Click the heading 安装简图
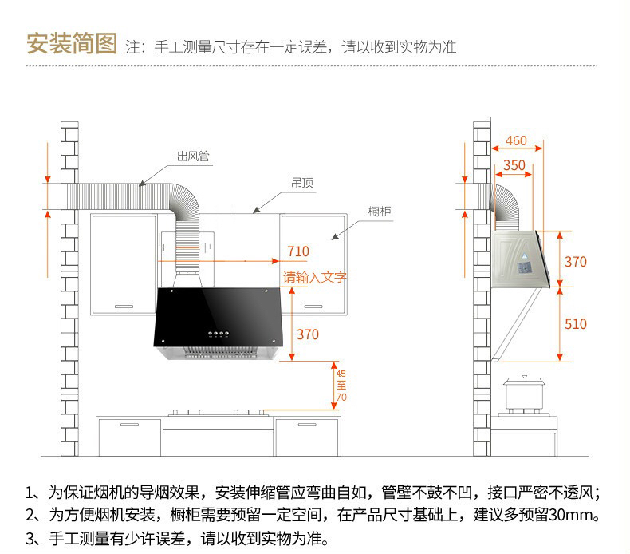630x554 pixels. (72, 43)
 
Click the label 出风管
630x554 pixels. (193, 156)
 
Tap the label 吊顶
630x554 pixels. (302, 183)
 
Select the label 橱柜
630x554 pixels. (380, 212)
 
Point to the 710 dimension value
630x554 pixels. (298, 251)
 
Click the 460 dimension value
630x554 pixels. (516, 140)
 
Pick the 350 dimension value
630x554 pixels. (514, 165)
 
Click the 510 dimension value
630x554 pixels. (575, 324)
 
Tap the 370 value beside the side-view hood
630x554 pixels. (575, 262)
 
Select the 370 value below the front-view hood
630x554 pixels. (308, 334)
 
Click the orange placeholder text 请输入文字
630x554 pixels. (314, 277)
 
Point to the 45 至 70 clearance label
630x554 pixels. (341, 386)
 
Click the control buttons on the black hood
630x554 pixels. (219, 334)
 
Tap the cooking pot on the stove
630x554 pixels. (525, 393)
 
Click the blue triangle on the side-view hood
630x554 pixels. (524, 256)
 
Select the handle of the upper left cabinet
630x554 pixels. (124, 307)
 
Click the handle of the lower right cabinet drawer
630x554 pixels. (307, 425)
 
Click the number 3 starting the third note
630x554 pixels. (30, 539)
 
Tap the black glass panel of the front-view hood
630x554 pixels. (219, 317)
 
